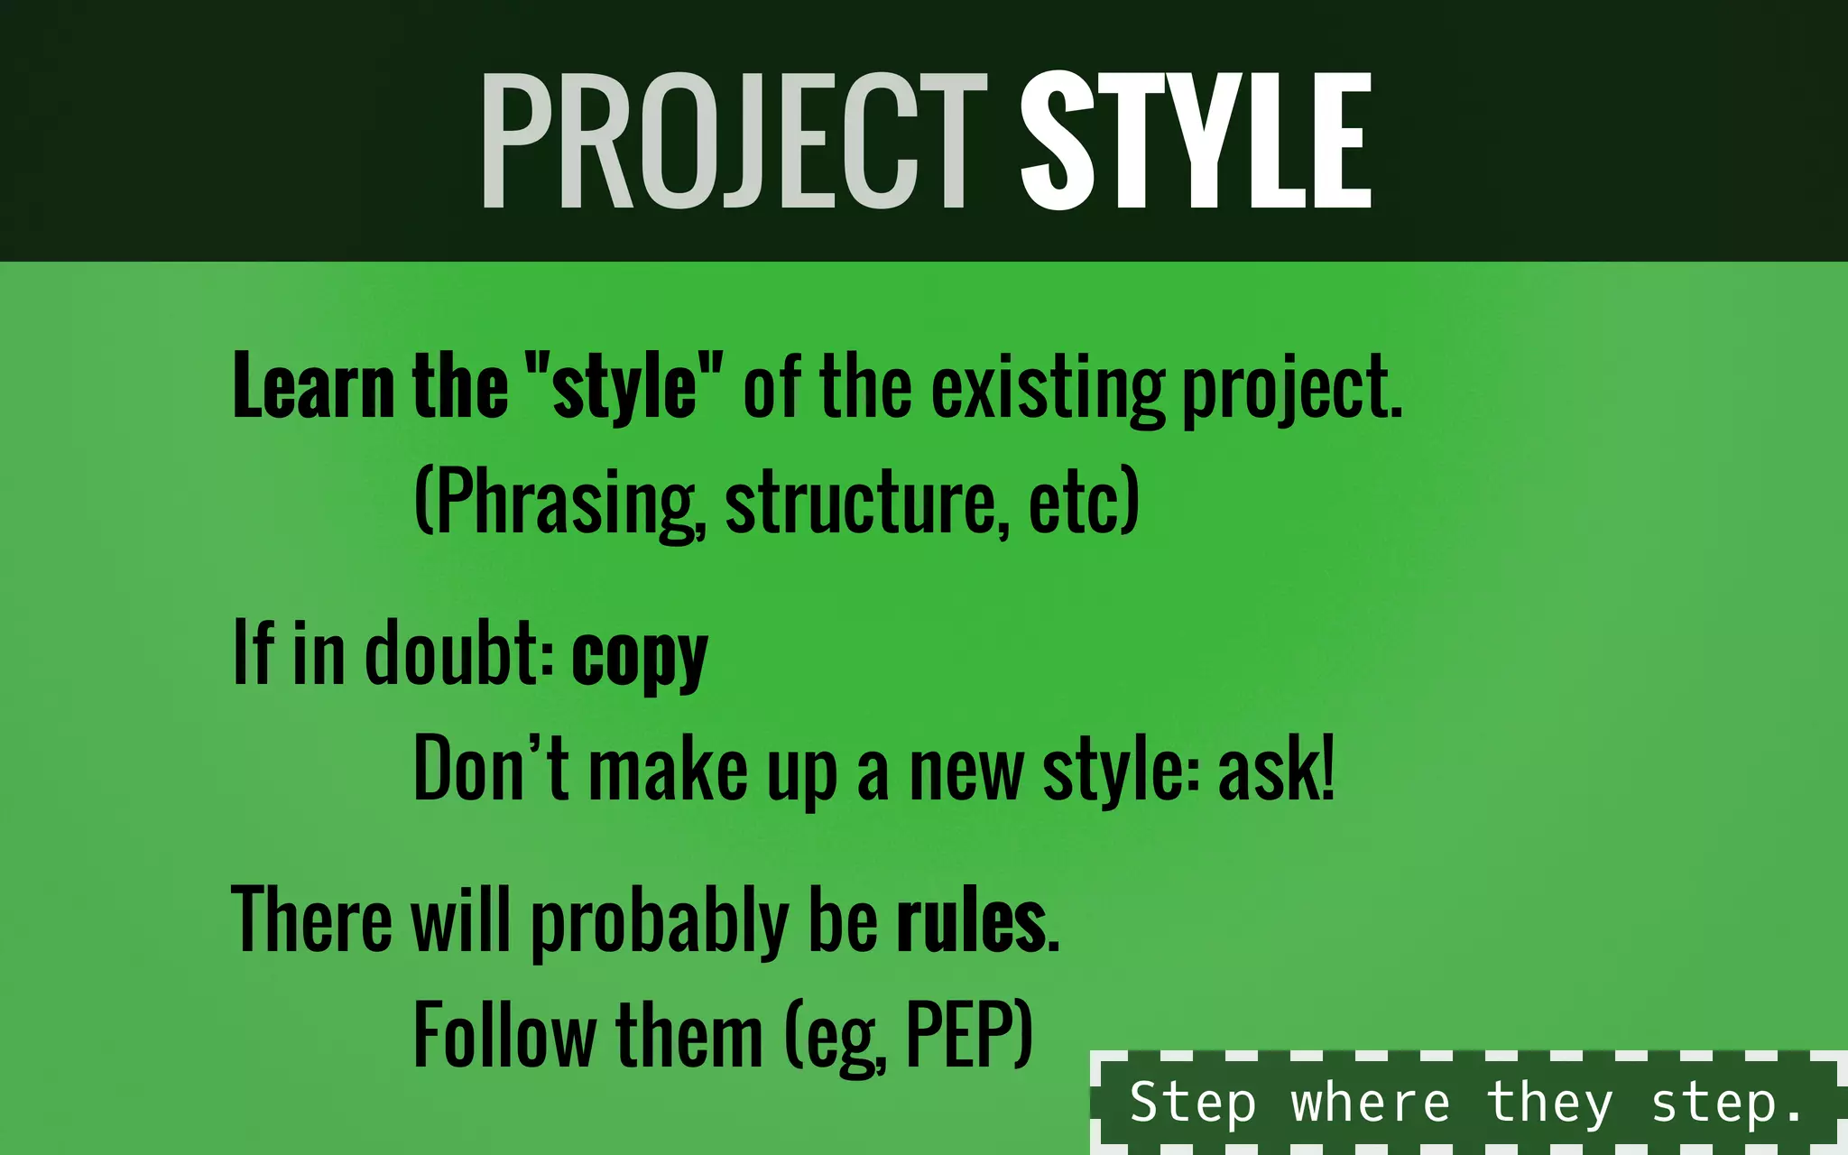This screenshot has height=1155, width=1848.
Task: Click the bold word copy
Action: click(640, 657)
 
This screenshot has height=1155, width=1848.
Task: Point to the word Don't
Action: click(491, 769)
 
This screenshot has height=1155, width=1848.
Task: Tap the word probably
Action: click(660, 922)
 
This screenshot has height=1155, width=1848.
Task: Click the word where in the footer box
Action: click(1370, 1103)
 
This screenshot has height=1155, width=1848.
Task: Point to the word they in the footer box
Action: click(1549, 1103)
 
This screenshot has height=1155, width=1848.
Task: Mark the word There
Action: click(312, 920)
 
